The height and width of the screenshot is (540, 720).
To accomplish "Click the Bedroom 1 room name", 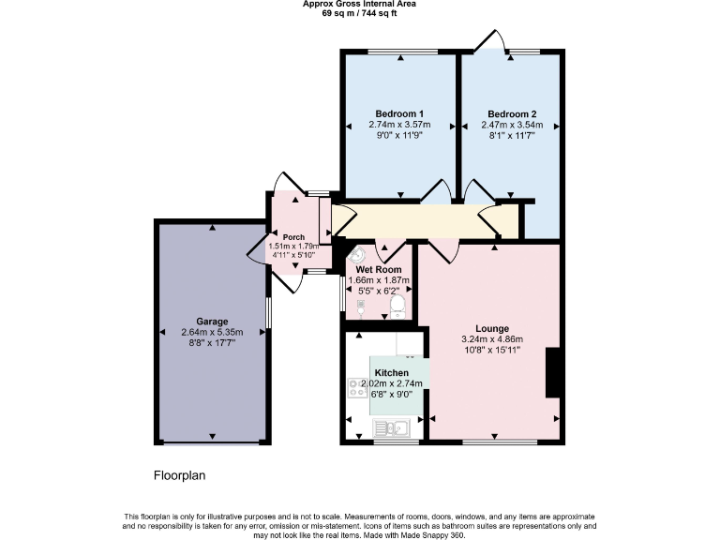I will click(399, 112).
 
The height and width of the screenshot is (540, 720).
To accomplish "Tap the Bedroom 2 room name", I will click(512, 112).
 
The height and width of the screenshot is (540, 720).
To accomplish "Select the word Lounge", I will click(491, 328).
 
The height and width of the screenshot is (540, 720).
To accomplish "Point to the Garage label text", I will click(212, 322).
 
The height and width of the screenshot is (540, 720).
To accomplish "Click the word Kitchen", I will click(391, 372).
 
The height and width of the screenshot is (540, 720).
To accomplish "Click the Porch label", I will click(293, 236).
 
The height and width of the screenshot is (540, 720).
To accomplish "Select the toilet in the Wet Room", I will click(397, 307).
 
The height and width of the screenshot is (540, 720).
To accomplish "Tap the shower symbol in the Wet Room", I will click(361, 305).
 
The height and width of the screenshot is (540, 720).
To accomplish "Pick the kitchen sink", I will click(388, 429).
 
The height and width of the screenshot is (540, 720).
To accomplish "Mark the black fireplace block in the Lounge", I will click(553, 372).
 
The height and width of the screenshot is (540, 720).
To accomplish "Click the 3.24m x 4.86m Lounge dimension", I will click(491, 339).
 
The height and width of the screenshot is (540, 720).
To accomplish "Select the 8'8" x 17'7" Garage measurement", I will click(212, 343).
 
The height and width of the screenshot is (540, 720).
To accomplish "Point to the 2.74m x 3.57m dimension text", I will click(399, 124).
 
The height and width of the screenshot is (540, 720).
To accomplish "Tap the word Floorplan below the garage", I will click(179, 475).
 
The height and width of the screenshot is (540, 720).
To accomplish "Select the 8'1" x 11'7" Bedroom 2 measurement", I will click(512, 136).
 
